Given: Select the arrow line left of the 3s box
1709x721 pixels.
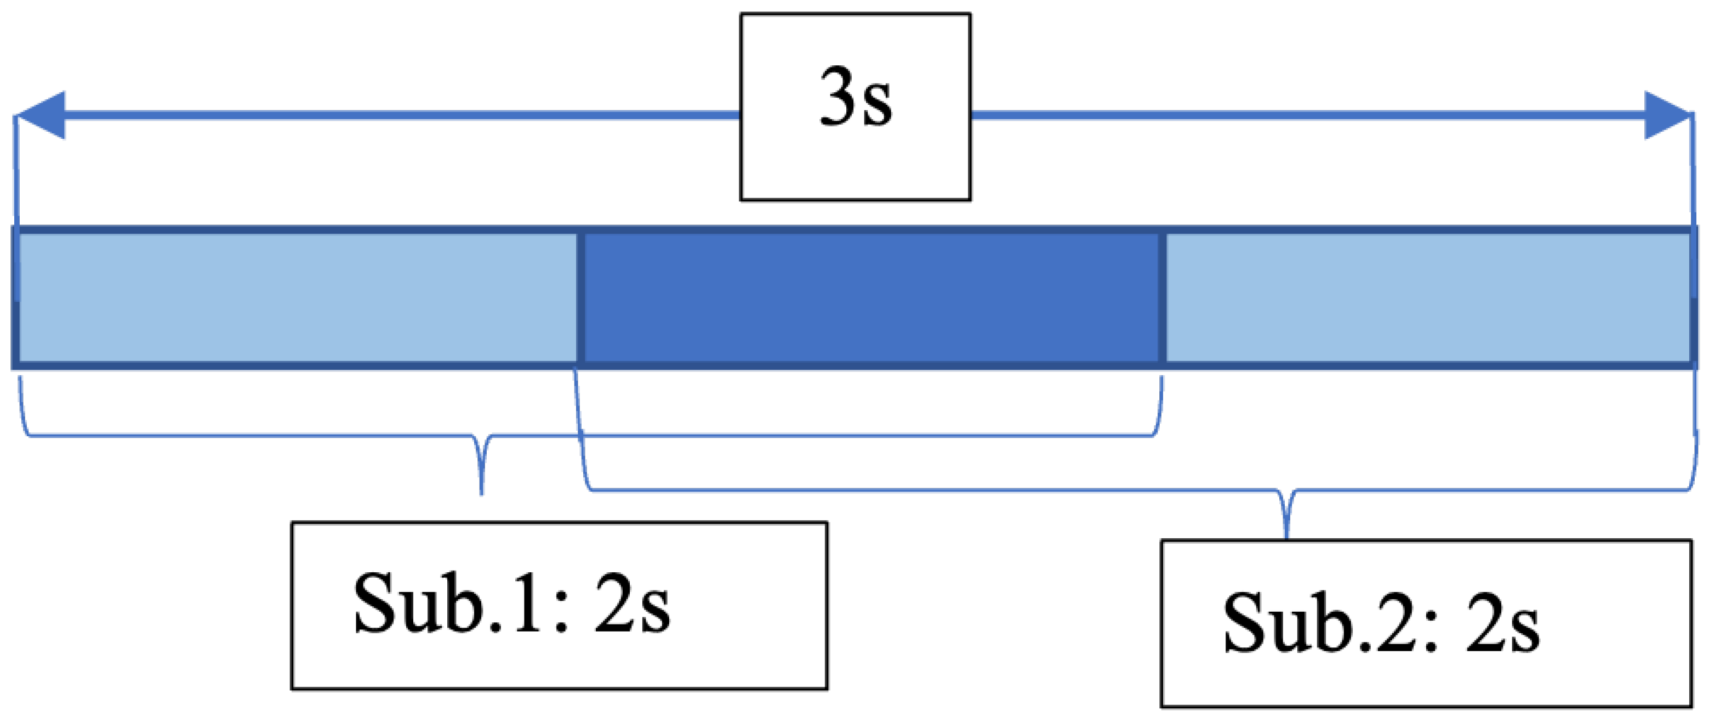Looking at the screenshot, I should pos(398,116).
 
